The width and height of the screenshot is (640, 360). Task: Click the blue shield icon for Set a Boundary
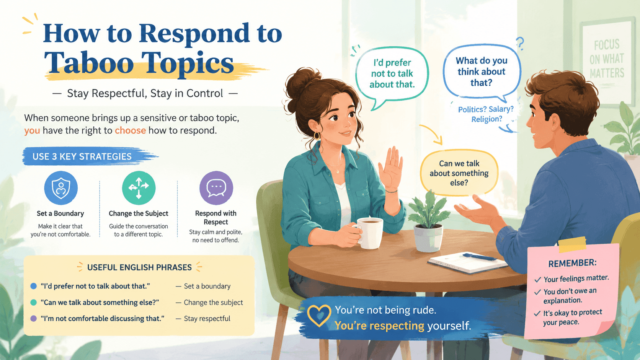pos(61,188)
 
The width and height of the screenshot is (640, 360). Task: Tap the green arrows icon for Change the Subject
pos(139,188)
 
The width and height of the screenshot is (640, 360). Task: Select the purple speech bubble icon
pos(216,188)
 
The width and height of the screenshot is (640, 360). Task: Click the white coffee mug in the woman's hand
pos(369,233)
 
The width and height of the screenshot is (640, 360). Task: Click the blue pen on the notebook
pos(480,257)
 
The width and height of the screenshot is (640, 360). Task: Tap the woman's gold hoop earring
pos(317,136)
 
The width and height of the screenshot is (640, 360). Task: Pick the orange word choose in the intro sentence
pos(130,130)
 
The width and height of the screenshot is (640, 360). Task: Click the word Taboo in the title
pos(88,62)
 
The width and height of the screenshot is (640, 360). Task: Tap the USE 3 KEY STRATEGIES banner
pos(88,156)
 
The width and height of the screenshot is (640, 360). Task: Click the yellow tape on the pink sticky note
pos(572,245)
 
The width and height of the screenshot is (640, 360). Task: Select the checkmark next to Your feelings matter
pos(538,280)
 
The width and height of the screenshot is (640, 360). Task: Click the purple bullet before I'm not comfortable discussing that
pos(33,318)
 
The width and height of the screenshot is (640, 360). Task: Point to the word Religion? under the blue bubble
pos(487,119)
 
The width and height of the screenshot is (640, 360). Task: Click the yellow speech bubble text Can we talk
pos(459,164)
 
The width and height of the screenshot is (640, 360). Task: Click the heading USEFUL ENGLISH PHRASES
pos(139,267)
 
